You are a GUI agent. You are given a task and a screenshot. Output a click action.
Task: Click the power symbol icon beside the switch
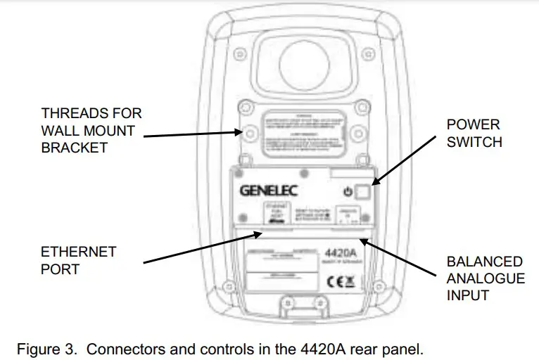point(347,191)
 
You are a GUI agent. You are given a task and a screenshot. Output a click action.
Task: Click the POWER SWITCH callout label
point(474,133)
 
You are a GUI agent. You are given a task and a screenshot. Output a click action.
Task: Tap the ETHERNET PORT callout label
point(78,260)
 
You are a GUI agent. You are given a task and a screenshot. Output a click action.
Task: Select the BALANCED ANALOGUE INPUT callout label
point(486,278)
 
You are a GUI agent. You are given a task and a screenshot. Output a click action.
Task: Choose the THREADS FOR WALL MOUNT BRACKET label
point(91,130)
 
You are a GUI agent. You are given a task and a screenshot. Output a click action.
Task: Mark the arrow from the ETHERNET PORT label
point(204,247)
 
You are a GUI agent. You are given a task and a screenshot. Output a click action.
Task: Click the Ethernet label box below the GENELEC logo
point(274,212)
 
